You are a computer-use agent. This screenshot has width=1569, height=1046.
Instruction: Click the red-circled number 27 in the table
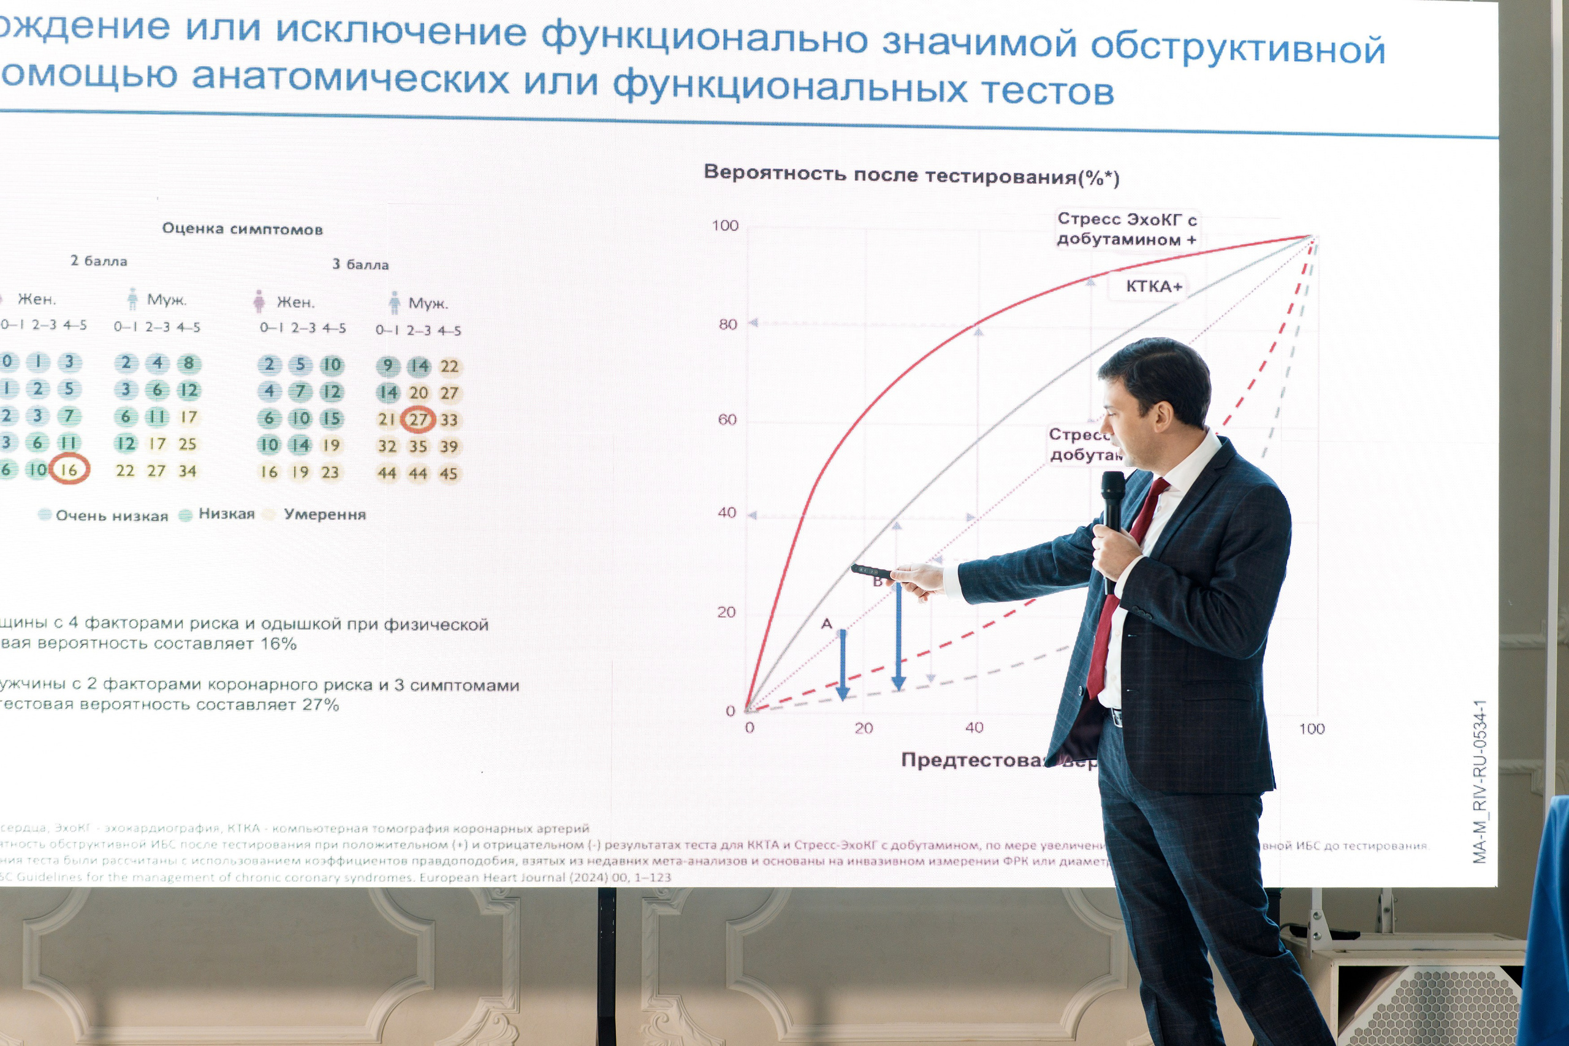pyautogui.click(x=418, y=419)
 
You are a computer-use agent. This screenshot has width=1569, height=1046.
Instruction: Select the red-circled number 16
pyautogui.click(x=69, y=470)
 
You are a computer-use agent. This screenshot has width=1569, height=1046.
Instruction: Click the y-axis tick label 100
pyautogui.click(x=725, y=226)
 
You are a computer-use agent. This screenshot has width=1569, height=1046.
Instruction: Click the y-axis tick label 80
pyautogui.click(x=728, y=325)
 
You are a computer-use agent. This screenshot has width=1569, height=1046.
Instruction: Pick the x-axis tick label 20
pyautogui.click(x=864, y=728)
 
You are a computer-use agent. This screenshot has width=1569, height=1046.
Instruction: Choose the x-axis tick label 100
pyautogui.click(x=1311, y=728)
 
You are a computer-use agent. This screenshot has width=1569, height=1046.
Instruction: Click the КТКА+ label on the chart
pyautogui.click(x=1153, y=287)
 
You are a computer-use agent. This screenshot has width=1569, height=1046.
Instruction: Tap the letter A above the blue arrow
pyautogui.click(x=826, y=624)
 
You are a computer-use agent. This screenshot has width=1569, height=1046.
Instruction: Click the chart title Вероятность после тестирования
pyautogui.click(x=911, y=175)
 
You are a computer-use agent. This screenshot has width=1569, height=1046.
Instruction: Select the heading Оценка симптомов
pyautogui.click(x=242, y=229)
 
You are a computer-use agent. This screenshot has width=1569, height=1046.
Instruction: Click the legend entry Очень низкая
pyautogui.click(x=112, y=516)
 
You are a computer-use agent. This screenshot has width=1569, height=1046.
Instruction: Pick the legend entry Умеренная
pyautogui.click(x=324, y=514)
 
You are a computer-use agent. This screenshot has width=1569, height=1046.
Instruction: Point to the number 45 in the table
pyautogui.click(x=448, y=473)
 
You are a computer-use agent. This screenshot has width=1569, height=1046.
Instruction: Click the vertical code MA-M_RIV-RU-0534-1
pyautogui.click(x=1480, y=781)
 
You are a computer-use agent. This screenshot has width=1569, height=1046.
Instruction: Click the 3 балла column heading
pyautogui.click(x=360, y=264)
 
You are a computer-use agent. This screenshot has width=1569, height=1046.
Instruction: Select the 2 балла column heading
pyautogui.click(x=99, y=261)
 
